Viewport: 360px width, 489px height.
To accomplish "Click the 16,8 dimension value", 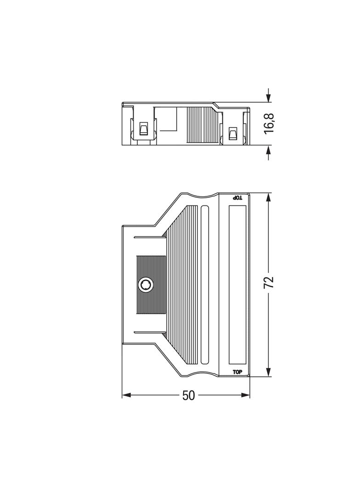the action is tap(269, 123).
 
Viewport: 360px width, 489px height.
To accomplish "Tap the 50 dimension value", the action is tap(188, 395).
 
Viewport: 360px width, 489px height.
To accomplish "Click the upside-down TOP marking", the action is tap(238, 198).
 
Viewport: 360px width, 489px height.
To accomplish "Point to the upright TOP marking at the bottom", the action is tap(237, 372).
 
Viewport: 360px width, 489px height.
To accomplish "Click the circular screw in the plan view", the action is tap(145, 285).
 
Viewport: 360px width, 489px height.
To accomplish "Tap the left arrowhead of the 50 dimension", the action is tap(126, 395).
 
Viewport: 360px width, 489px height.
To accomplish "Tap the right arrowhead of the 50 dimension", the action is tap(246, 395).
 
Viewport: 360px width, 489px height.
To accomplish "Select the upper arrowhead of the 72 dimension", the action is tap(269, 197).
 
